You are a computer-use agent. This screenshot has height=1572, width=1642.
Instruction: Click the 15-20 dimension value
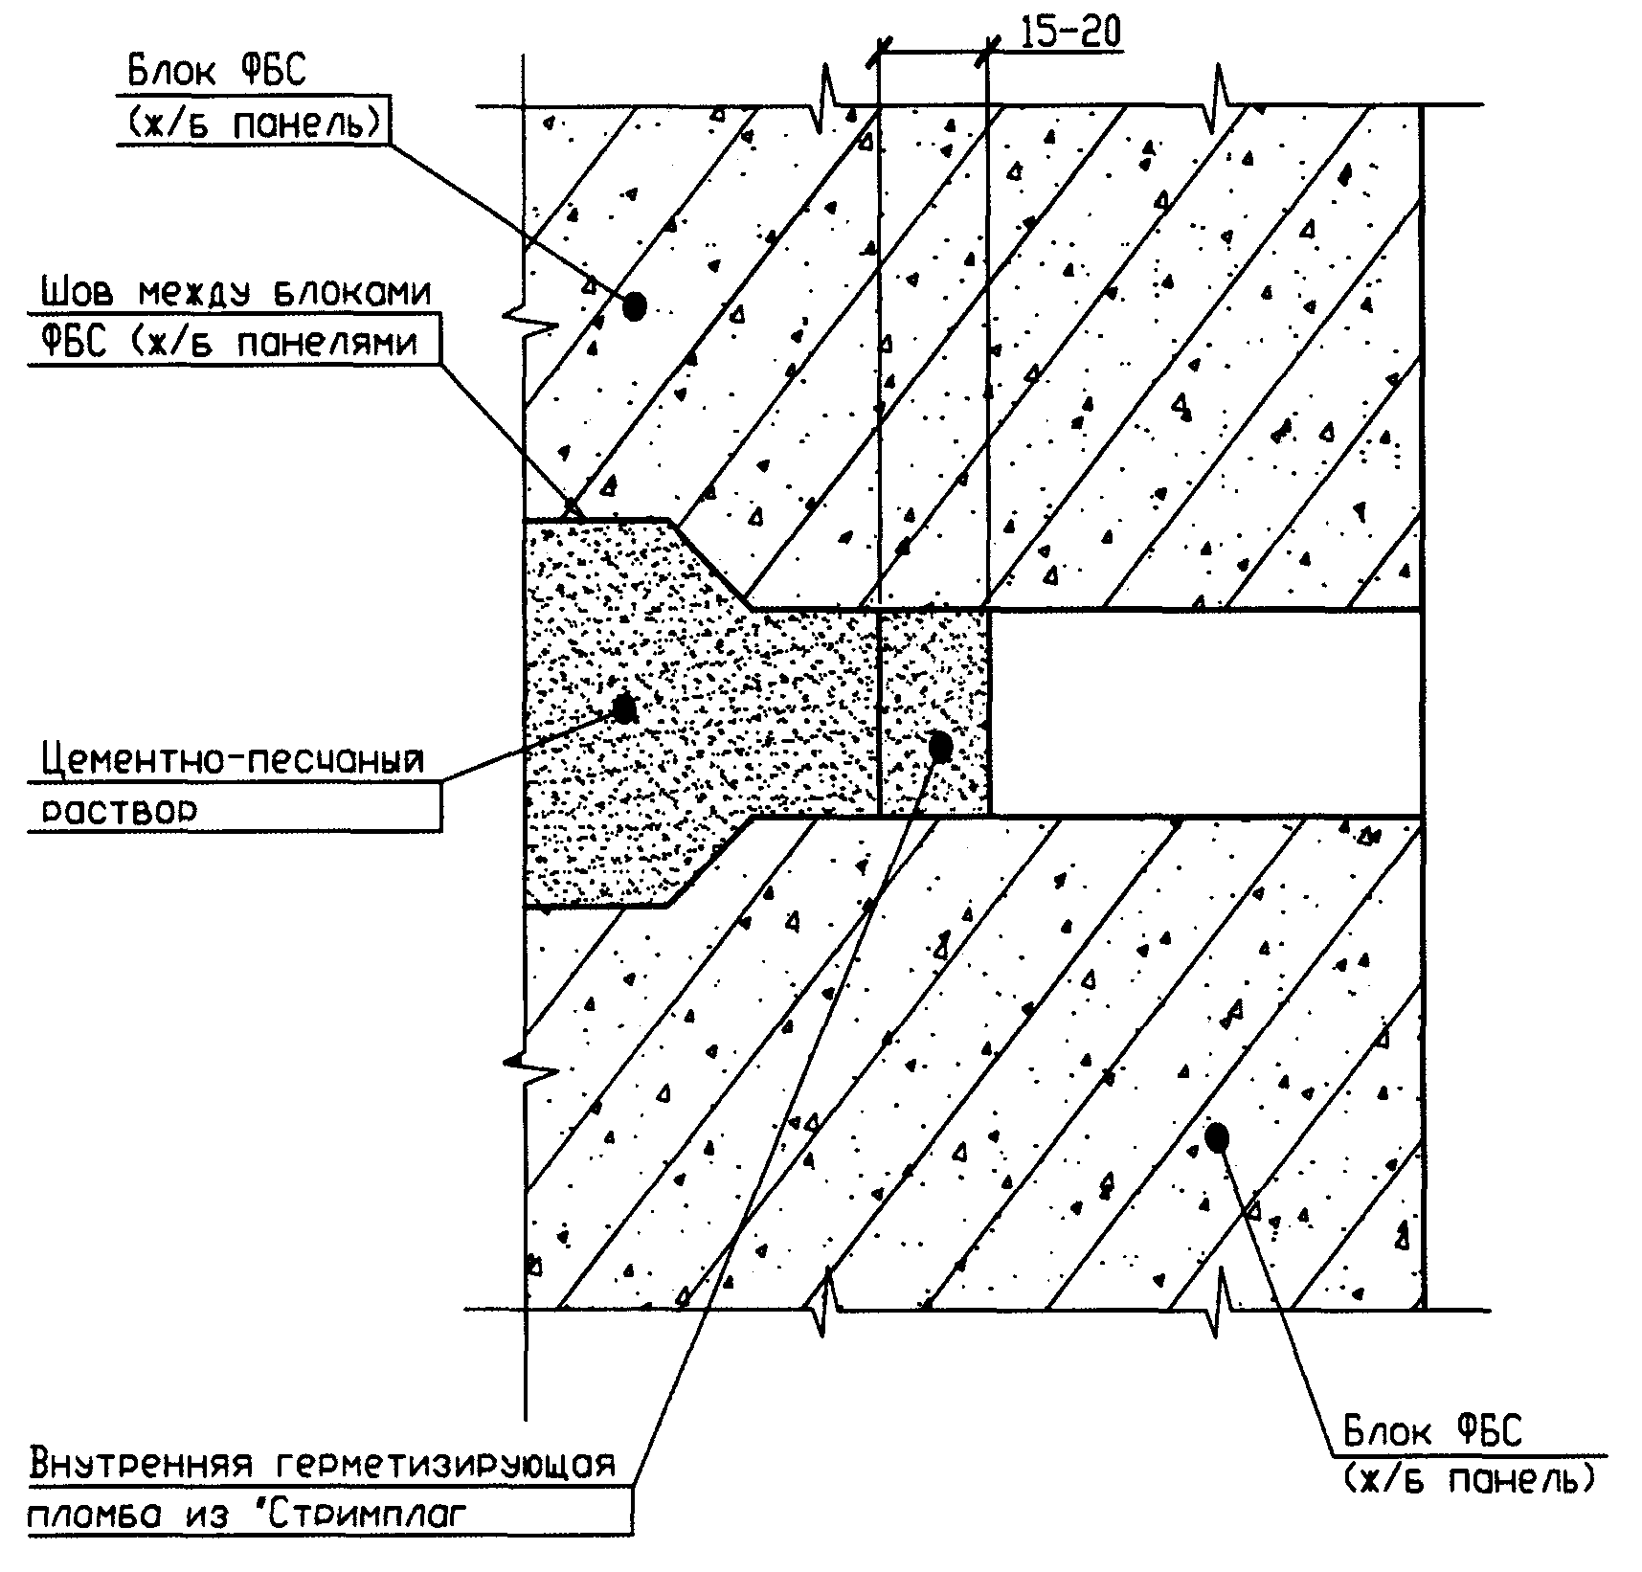[x=1069, y=33]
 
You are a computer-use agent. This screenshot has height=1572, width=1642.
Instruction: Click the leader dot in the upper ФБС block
[x=634, y=306]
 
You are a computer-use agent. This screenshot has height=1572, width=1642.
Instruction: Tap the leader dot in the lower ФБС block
[x=1217, y=1136]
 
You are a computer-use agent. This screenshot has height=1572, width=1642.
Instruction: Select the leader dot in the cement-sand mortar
[x=624, y=708]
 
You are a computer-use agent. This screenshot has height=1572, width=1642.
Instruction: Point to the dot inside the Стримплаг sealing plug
[x=940, y=747]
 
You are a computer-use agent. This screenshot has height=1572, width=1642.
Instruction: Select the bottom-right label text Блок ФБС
[x=1431, y=1433]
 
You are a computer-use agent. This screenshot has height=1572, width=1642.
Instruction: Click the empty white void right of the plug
[x=1204, y=713]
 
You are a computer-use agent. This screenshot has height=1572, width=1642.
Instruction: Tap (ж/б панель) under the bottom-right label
[x=1469, y=1480]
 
